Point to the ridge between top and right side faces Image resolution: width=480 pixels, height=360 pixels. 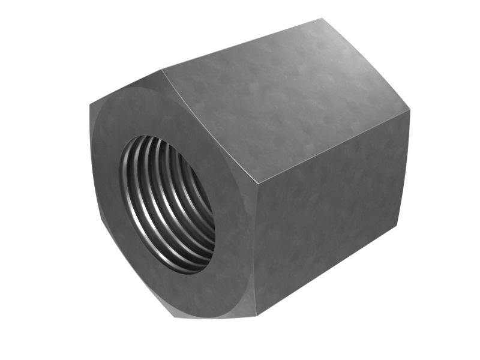pyautogui.click(x=333, y=148)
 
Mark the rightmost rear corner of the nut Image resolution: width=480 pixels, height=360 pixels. pyautogui.click(x=410, y=112)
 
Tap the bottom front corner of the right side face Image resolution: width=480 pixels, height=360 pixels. pyautogui.click(x=256, y=315)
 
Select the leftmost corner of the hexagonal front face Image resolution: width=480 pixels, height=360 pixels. pyautogui.click(x=90, y=107)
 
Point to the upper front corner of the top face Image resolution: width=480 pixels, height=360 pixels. pyautogui.click(x=163, y=70)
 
